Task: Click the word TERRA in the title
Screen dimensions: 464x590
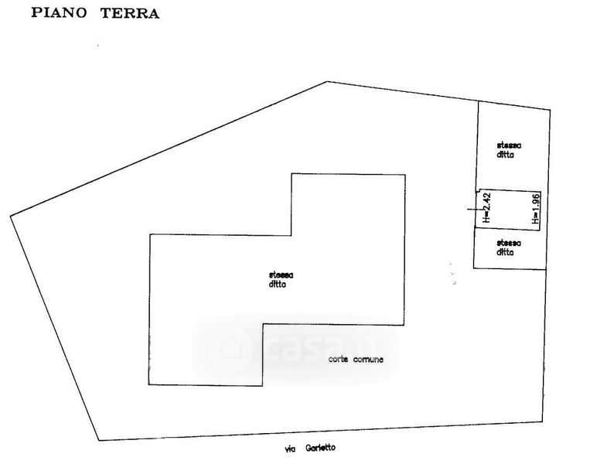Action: pos(130,13)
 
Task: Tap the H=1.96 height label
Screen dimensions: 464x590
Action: pos(535,210)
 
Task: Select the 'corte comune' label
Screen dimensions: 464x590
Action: pos(356,360)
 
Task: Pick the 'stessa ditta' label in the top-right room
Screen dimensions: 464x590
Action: pos(508,149)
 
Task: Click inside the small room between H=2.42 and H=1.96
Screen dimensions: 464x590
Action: pos(510,209)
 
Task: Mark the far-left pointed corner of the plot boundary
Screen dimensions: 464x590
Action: pos(11,216)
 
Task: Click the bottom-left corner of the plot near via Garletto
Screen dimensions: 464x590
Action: pos(99,440)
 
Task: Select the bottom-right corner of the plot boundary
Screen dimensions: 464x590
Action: pos(539,423)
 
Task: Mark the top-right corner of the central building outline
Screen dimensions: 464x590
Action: pos(404,174)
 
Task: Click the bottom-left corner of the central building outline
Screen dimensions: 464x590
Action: pos(149,385)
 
